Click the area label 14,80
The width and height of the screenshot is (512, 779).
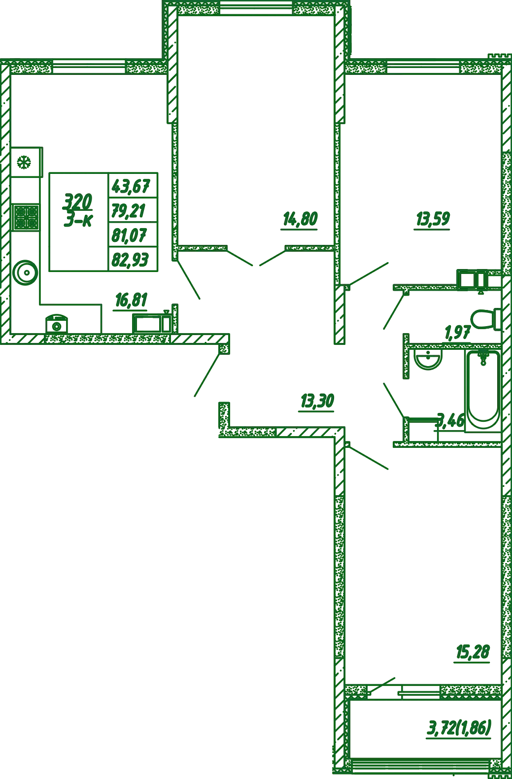300,219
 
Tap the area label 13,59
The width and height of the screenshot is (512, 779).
433,219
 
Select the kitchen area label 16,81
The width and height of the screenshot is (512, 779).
131,300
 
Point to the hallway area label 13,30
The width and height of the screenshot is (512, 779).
317,401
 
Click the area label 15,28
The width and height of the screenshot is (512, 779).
473,652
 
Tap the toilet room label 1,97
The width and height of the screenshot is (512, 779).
457,333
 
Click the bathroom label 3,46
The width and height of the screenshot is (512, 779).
451,420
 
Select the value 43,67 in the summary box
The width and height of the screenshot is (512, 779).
131,186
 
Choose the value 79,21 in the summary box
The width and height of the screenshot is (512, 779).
128,211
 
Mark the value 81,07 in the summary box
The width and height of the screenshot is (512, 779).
129,235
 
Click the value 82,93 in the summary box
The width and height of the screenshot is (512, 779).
130,260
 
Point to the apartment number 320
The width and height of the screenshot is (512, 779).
78,202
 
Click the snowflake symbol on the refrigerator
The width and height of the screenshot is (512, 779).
24,163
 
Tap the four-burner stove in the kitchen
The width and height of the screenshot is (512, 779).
26,218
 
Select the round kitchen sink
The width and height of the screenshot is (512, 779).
25,272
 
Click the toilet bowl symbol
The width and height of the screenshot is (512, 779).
486,319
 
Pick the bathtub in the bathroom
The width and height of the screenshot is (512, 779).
483,391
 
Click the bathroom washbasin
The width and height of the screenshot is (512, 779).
429,360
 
